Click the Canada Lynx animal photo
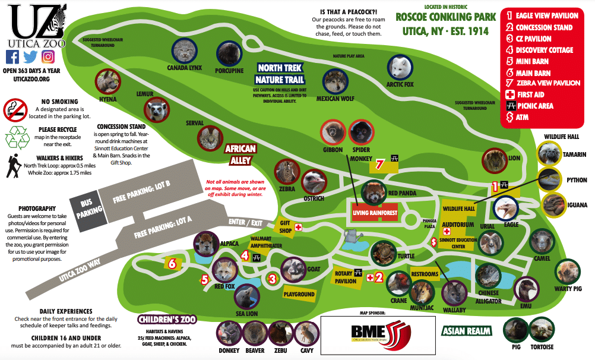pos(185,50)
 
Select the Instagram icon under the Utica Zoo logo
pos(49,57)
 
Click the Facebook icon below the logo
pos(12,57)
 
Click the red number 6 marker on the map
pos(171,263)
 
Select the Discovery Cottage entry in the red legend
pos(543,50)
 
